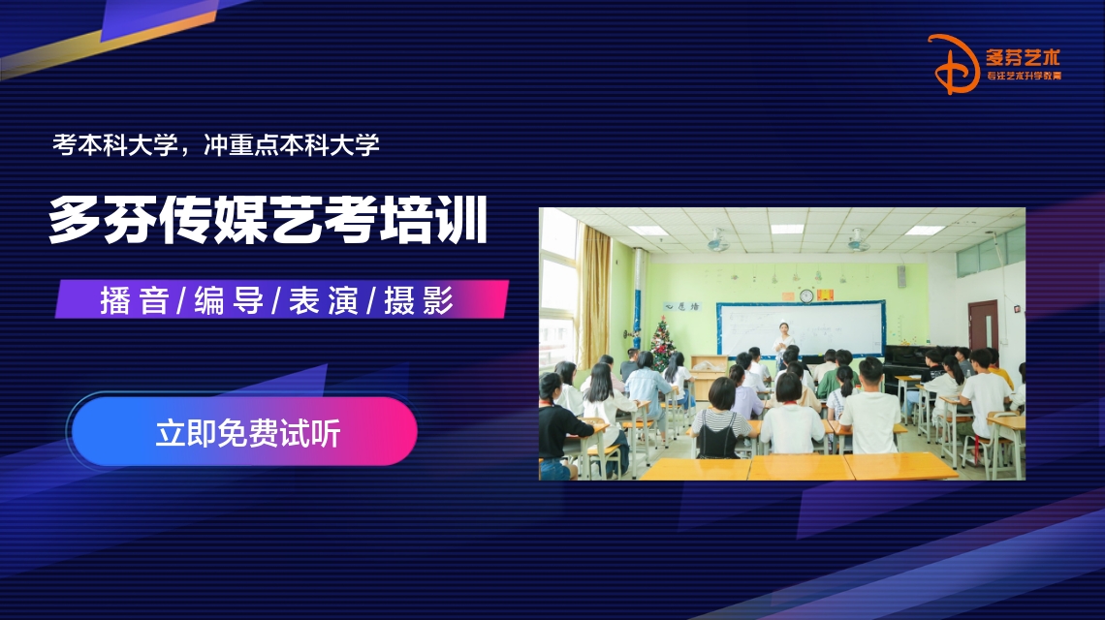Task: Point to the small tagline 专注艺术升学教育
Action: click(x=1024, y=76)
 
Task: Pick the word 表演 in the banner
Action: click(x=323, y=301)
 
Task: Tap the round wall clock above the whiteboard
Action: click(x=805, y=295)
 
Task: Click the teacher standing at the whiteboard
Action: click(x=781, y=340)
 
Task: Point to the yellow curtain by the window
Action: click(x=595, y=291)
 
